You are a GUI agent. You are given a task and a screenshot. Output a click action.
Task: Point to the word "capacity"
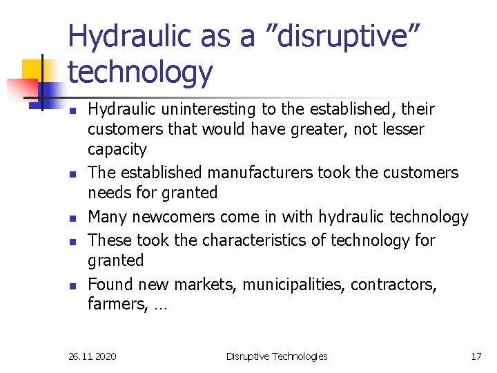(x=117, y=150)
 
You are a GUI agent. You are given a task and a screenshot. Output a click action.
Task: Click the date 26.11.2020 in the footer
(x=92, y=356)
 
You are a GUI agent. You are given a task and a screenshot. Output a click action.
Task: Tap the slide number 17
(x=476, y=356)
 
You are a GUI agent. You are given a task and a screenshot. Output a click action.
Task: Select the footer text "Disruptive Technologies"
(x=277, y=356)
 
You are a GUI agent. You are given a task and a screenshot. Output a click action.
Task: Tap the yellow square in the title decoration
(x=32, y=70)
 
